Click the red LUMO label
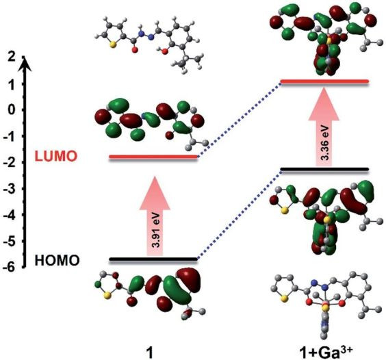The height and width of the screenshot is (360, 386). coord(56,156)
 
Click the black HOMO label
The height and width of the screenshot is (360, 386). coord(57,260)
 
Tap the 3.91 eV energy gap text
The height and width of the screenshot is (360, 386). coord(156,230)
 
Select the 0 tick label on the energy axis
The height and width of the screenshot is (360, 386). coord(12,110)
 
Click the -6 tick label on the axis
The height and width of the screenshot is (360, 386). coord(10,267)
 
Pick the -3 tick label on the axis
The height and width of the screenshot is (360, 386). coord(10,189)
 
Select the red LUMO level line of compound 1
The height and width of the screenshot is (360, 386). coord(153,157)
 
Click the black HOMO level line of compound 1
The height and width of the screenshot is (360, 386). coord(153,259)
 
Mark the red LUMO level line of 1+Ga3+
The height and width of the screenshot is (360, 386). coord(325,81)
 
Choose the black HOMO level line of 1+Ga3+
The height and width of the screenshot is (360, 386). coord(325,169)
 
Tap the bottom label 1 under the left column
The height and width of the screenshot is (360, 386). coord(149,352)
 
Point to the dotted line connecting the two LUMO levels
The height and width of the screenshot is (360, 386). coord(240,119)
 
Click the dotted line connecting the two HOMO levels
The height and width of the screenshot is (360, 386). coord(240,214)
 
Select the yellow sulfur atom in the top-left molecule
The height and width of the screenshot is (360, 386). coord(113,45)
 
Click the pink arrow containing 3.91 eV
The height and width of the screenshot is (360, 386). coord(155,216)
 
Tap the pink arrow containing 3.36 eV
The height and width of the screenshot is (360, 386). coord(324,127)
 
